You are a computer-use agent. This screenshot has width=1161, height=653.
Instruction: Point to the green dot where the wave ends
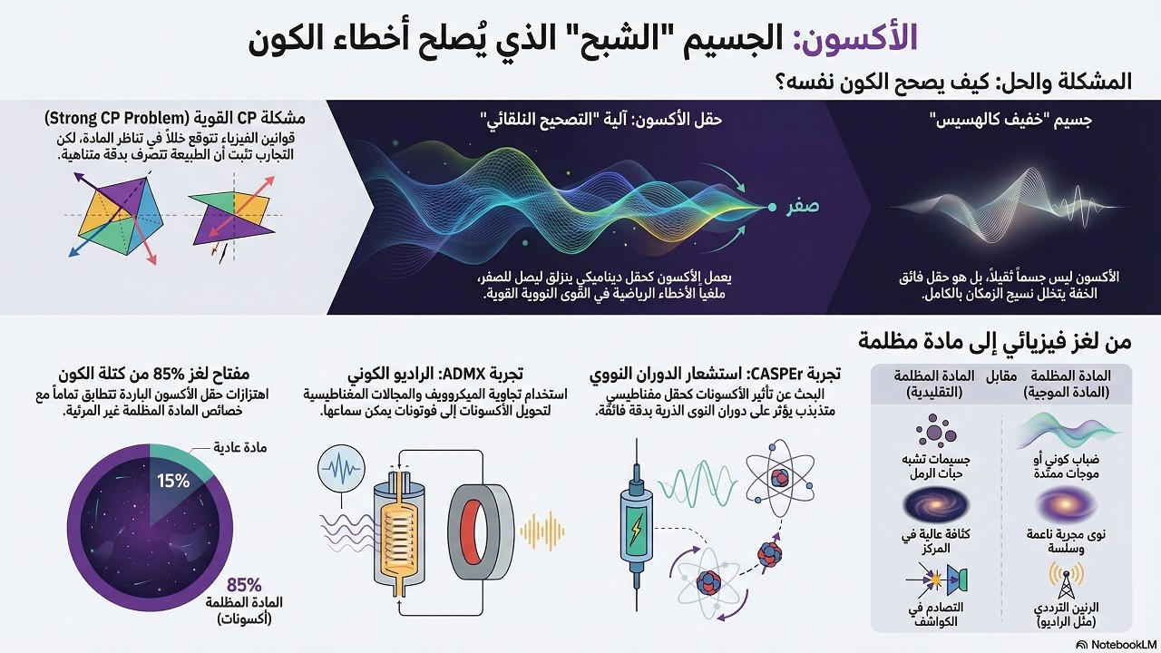click(x=772, y=208)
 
